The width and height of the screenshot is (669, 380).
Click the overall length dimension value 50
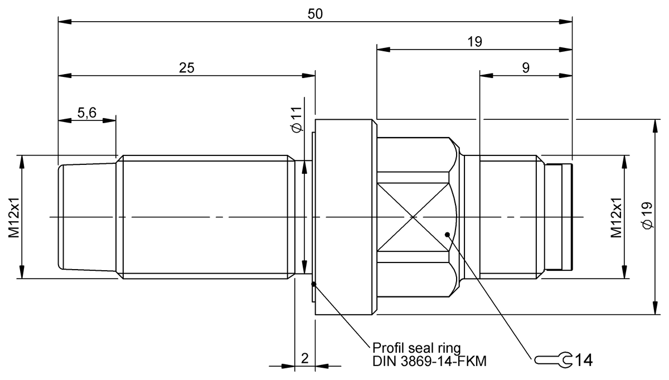pyautogui.click(x=316, y=14)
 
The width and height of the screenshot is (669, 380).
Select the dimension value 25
pyautogui.click(x=187, y=68)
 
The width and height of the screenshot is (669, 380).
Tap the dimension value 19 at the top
pyautogui.click(x=474, y=41)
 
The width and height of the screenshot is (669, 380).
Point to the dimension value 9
pyautogui.click(x=526, y=68)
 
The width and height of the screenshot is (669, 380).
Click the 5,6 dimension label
pyautogui.click(x=87, y=113)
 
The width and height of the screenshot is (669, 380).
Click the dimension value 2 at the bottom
pyautogui.click(x=304, y=358)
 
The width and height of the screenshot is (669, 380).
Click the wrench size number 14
pyautogui.click(x=583, y=360)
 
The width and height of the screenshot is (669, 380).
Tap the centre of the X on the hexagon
pyautogui.click(x=413, y=216)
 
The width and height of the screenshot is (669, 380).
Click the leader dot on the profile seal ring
pyautogui.click(x=314, y=284)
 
